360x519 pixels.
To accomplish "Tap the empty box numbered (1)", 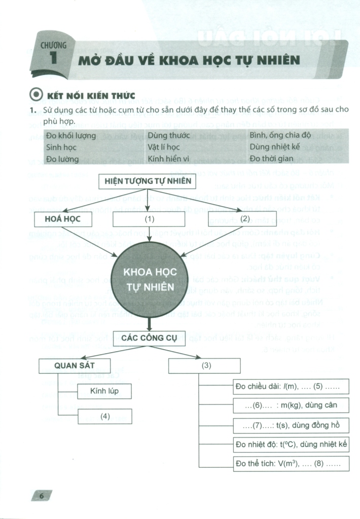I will [149, 219].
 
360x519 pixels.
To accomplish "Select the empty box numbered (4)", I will [104, 416].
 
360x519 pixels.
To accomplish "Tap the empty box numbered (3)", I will [205, 366].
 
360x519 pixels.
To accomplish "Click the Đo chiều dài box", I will [291, 387].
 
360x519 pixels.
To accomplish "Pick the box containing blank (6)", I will [291, 405].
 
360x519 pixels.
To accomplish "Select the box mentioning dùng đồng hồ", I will [291, 425].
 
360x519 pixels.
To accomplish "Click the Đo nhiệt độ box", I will [291, 444].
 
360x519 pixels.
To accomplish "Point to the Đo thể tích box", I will [291, 464].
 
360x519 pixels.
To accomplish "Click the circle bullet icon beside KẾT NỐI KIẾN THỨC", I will [36, 95].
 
